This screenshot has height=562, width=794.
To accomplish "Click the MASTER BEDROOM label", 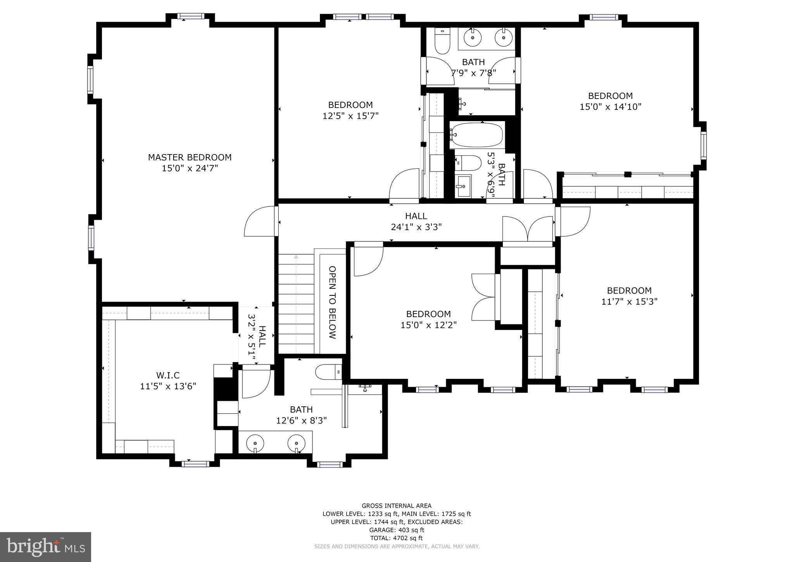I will (190, 157).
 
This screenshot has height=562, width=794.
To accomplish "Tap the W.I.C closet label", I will (168, 375).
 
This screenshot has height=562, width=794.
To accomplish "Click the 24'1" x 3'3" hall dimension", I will (416, 227).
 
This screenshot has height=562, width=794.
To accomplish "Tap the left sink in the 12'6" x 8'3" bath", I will (255, 443).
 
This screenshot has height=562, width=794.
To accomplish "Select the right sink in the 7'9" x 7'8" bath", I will (503, 38).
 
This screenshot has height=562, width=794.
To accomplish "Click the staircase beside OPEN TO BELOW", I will (296, 303).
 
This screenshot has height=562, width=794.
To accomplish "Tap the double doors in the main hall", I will (527, 231).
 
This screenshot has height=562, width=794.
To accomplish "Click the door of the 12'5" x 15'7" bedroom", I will (404, 186).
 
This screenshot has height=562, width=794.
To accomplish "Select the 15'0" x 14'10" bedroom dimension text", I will (610, 107).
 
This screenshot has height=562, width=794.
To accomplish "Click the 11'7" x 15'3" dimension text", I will (629, 302).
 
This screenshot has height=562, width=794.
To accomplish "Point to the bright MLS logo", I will (45, 547).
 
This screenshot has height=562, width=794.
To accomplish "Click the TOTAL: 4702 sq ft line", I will (396, 538).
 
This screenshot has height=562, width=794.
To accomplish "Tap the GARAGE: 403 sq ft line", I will (396, 530).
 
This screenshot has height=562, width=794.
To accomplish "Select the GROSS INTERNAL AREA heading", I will (396, 506).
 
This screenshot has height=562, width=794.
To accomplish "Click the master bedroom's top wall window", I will (190, 16).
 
